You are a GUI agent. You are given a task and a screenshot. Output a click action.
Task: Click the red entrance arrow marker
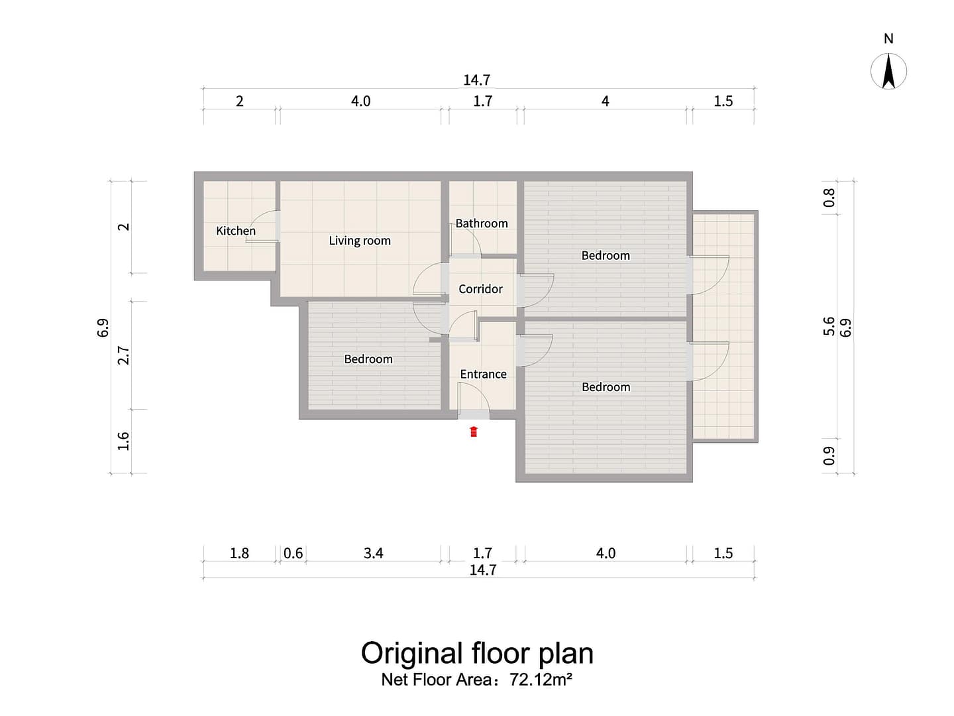point(474,431)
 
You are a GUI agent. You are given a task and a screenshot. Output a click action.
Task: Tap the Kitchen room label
point(236,231)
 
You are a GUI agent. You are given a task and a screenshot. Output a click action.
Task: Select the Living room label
point(360,241)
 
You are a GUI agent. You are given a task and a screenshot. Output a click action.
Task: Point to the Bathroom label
point(482,223)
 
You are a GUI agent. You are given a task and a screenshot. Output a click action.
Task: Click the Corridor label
point(481,288)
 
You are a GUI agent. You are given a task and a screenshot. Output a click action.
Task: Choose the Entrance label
point(484,374)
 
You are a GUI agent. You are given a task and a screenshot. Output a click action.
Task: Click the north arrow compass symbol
point(889,72)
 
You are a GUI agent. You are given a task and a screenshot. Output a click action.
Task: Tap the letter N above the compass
point(889,38)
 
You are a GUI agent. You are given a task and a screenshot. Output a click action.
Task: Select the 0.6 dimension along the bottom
point(293,553)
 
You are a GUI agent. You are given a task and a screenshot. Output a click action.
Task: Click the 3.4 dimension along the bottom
point(374,553)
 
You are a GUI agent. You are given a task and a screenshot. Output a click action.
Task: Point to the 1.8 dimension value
point(239,553)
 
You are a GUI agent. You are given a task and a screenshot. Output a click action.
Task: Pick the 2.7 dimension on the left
point(124,355)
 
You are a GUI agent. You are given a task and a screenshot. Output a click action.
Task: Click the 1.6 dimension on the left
point(124,441)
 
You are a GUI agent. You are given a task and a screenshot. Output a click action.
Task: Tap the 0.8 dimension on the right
point(829,198)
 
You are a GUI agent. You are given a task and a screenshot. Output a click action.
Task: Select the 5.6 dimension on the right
point(829,326)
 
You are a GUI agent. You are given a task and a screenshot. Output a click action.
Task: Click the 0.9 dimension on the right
point(829,455)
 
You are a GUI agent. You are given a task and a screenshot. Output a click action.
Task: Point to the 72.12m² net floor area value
point(541,679)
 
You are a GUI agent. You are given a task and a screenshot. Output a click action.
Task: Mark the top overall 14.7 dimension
point(477,80)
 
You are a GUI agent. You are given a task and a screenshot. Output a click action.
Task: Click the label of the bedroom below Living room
point(368,359)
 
